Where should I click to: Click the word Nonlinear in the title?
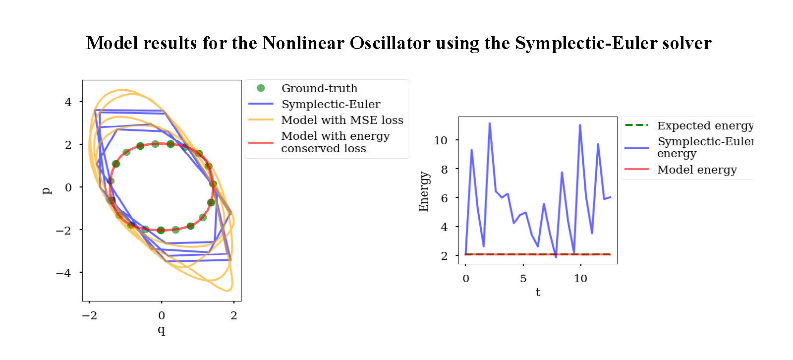click(x=303, y=44)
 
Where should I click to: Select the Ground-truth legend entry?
click(x=319, y=88)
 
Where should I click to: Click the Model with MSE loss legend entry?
click(x=342, y=120)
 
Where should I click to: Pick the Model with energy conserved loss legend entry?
click(x=335, y=142)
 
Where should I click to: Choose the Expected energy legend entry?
click(x=704, y=126)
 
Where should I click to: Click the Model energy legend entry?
click(x=696, y=170)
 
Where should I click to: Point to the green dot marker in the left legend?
click(x=261, y=88)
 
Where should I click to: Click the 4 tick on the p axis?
click(x=68, y=102)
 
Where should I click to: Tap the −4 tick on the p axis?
click(x=64, y=273)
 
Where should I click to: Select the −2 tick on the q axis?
click(x=89, y=315)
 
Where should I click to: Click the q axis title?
click(x=162, y=329)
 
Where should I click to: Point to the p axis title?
click(x=47, y=190)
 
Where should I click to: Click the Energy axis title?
click(x=423, y=191)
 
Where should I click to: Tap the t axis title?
click(x=538, y=292)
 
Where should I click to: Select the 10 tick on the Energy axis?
click(x=441, y=140)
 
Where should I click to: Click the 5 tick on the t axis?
click(x=523, y=279)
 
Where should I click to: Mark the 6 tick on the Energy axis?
click(x=444, y=198)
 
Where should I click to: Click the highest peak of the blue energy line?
click(x=490, y=123)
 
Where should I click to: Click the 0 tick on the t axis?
click(x=466, y=279)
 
